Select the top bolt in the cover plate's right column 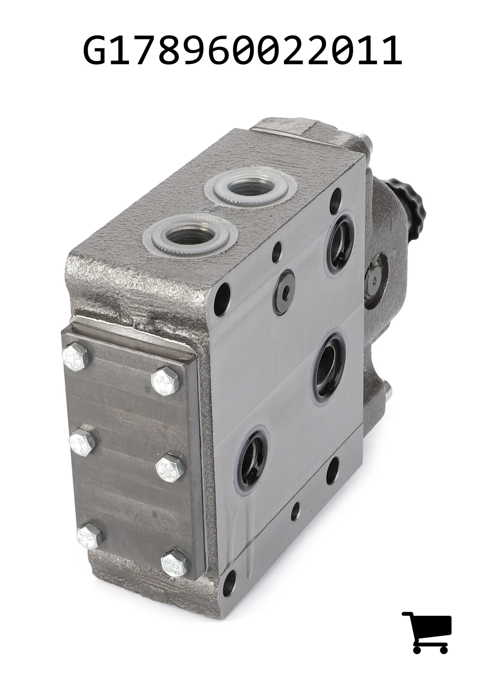point(165,381)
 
